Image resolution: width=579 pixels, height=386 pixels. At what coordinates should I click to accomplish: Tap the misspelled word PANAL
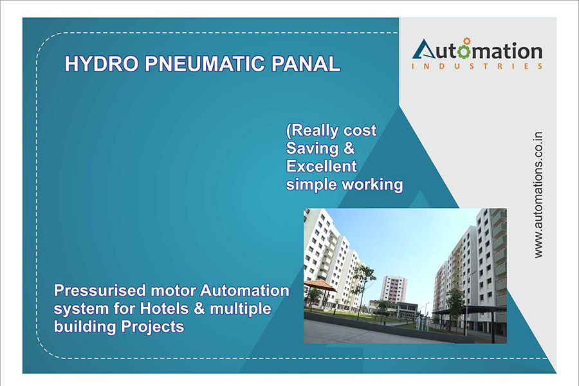306,64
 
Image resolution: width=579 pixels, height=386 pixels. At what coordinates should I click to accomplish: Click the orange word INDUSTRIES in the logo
477,66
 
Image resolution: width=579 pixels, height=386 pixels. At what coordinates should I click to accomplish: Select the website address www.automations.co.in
538,195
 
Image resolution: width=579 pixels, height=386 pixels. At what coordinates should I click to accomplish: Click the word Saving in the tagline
312,149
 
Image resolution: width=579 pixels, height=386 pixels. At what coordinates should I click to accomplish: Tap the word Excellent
321,166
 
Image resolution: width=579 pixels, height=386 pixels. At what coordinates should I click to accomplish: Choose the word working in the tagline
374,185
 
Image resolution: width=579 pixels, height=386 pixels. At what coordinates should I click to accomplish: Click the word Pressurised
100,291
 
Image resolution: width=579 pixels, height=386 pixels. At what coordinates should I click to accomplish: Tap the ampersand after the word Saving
349,149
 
